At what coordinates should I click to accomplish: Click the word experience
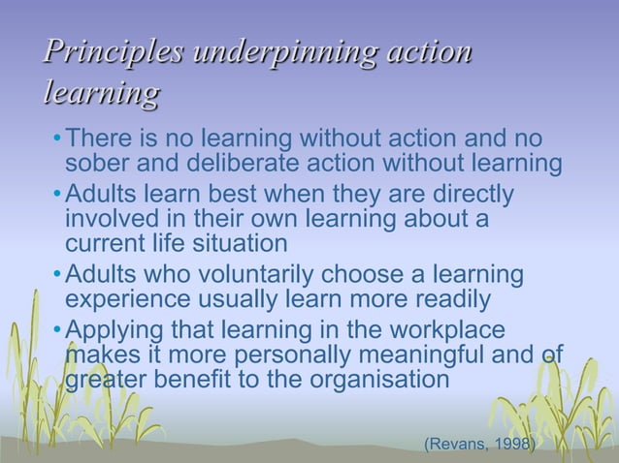(130, 299)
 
